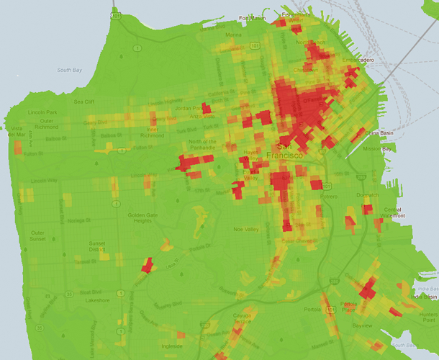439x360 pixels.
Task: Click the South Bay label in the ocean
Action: tap(70, 70)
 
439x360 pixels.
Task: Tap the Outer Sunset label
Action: tap(37, 235)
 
